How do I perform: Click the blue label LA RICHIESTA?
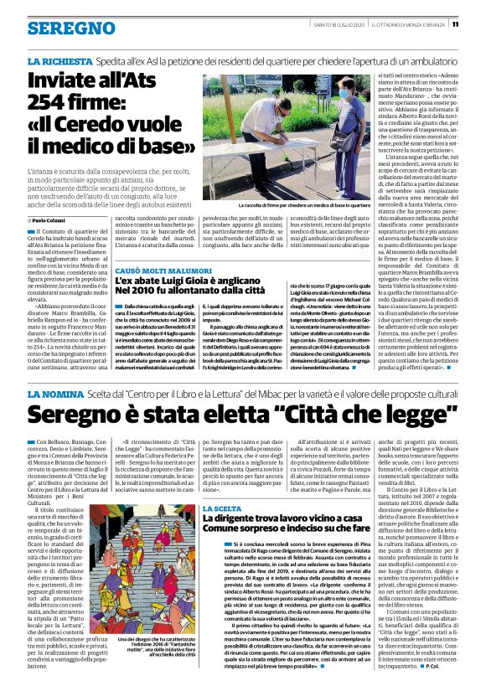[58, 63]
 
